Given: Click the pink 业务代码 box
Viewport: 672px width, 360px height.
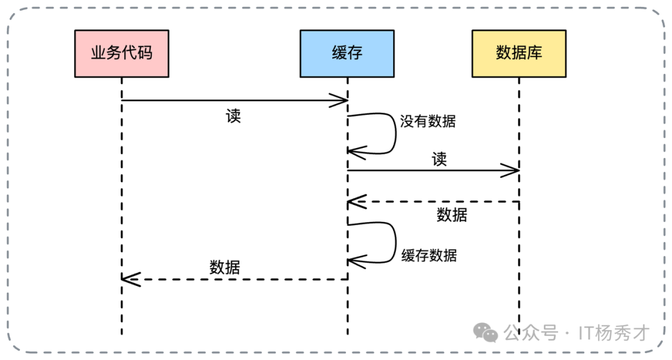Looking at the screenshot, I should (x=121, y=53).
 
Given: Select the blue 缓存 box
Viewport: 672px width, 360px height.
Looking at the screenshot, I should (x=347, y=53).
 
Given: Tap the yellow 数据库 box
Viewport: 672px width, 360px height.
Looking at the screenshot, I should (x=518, y=53).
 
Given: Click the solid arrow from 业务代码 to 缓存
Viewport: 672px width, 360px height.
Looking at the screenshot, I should (x=233, y=100).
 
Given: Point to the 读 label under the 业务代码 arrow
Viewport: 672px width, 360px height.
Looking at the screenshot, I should (x=233, y=116).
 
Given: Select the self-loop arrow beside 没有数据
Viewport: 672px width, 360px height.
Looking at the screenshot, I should (x=394, y=133).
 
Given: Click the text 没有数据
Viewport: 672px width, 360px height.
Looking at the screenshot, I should (x=428, y=121).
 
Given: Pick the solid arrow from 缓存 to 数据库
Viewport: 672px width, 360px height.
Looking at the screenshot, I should (x=432, y=170).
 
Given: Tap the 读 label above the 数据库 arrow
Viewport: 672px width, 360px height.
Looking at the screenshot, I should (x=439, y=159).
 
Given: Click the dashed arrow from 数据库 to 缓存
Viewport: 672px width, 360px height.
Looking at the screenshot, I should (x=432, y=201).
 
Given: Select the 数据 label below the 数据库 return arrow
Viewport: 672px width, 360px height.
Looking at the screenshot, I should (x=452, y=215).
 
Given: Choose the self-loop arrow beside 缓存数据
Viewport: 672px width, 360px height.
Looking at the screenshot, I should (x=394, y=242).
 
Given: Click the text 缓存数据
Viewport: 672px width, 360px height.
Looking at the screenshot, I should (x=429, y=255).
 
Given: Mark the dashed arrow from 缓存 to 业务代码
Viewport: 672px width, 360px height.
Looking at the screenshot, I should (x=233, y=279).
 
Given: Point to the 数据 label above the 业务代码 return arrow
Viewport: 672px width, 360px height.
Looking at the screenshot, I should (x=225, y=267).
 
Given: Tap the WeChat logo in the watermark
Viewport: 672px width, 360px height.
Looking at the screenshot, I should (x=486, y=333).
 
